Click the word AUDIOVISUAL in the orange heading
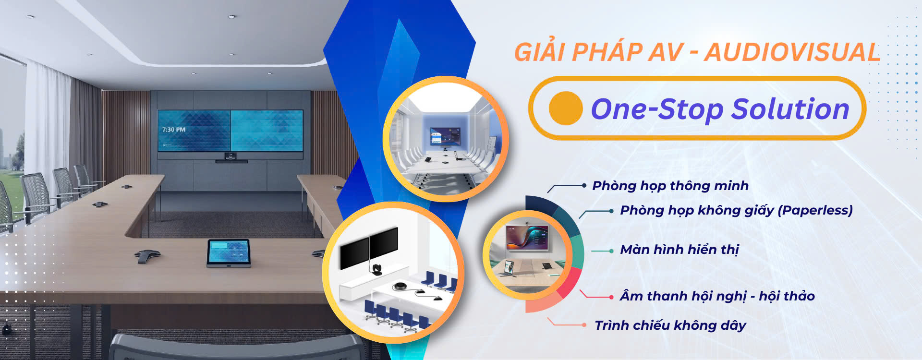tap(792, 52)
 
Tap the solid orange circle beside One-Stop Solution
tap(566, 108)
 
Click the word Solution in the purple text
tap(790, 109)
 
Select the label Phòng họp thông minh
tap(670, 186)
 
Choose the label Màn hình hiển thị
tap(679, 250)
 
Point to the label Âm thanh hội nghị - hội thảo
tap(717, 296)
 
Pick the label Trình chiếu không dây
tap(670, 325)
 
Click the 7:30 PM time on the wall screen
tap(174, 130)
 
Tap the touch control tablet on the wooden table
tap(229, 253)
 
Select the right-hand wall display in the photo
tap(267, 131)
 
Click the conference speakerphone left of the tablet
tap(147, 256)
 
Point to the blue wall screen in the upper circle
tap(445, 136)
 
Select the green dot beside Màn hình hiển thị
tap(611, 251)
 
